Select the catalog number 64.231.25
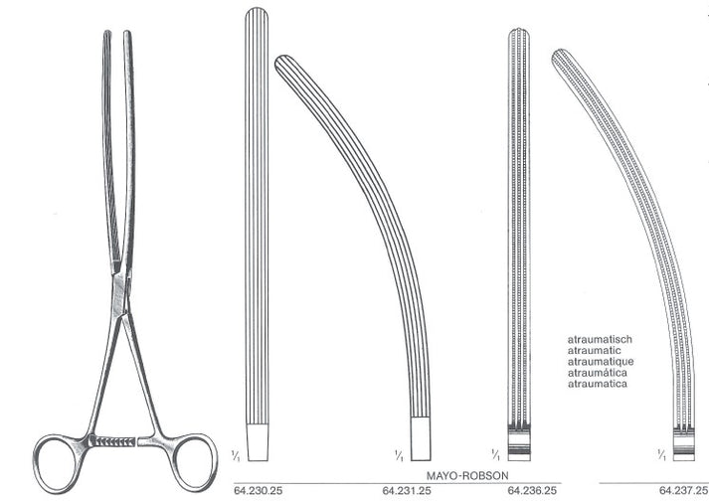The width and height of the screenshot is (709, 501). pos(405,491)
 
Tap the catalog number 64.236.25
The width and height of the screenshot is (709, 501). pos(531,491)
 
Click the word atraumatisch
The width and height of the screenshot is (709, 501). pos(600,339)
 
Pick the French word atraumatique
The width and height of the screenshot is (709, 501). pos(600,361)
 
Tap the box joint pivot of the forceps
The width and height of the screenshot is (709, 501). pos(120,289)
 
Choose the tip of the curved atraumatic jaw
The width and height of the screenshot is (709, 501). pos(560,56)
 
